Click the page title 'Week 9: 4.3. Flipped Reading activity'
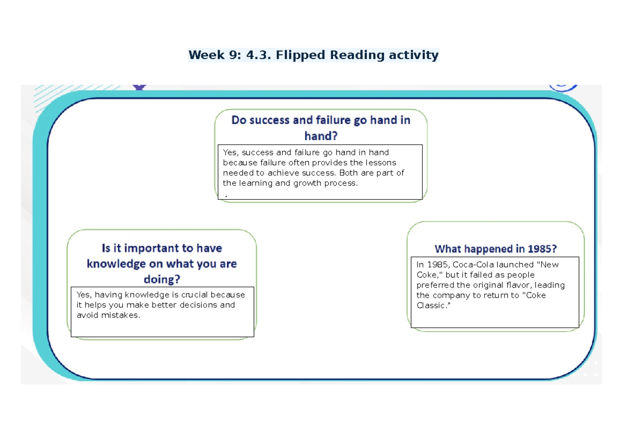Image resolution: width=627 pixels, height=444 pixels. point(313,55)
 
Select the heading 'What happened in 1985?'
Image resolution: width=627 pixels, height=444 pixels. point(495,249)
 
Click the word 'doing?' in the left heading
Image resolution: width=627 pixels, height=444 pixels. point(162,280)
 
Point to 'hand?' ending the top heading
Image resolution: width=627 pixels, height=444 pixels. point(321,136)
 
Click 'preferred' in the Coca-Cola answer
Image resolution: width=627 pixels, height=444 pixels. point(435,285)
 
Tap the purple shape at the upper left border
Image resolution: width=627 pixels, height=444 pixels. point(138,87)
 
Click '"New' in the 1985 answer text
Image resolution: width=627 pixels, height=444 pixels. point(548,265)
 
